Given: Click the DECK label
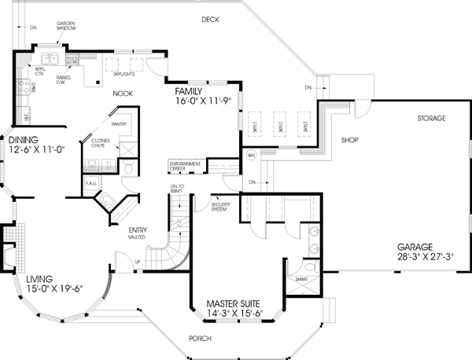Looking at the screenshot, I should [209, 19].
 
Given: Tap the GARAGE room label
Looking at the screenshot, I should [415, 245].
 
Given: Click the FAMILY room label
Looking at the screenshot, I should [192, 91].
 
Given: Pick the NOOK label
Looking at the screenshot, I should [121, 93].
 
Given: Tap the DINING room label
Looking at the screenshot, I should [25, 140].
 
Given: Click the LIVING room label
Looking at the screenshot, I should [42, 279].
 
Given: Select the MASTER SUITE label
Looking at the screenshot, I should [233, 303].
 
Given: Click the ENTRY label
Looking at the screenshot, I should [139, 230].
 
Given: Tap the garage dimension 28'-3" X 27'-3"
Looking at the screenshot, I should [415, 256].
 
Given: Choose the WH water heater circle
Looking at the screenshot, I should [253, 153].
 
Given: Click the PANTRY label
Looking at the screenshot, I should [120, 124].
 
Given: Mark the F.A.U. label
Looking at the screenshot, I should [90, 183].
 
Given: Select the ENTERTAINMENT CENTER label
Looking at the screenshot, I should [184, 166].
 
